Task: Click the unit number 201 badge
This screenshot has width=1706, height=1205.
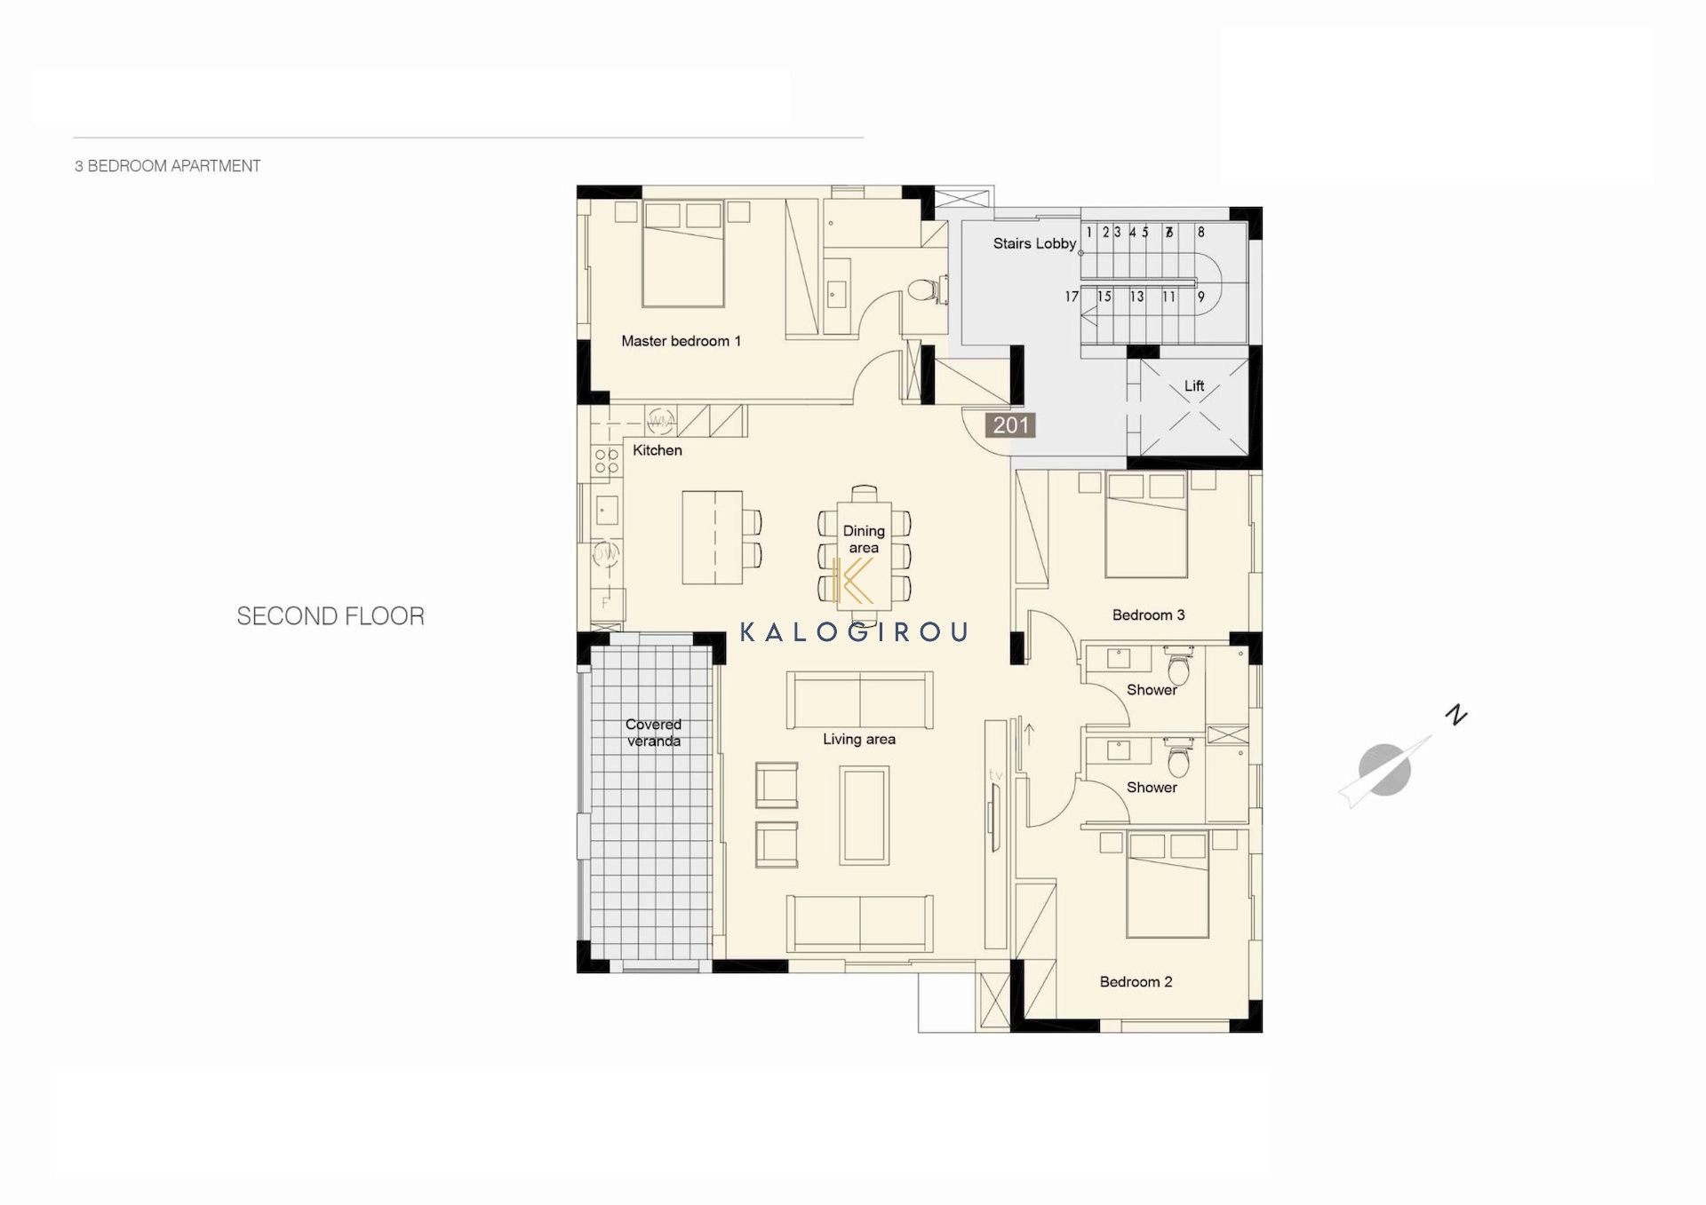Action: pyautogui.click(x=1010, y=425)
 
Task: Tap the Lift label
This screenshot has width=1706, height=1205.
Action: pyautogui.click(x=1194, y=386)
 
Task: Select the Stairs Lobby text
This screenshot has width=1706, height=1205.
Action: pyautogui.click(x=1034, y=243)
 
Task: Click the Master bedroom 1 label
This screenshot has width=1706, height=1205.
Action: pyautogui.click(x=681, y=341)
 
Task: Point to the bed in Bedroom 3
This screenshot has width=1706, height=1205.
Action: pyautogui.click(x=1146, y=525)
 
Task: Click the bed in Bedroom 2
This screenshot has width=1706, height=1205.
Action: pyautogui.click(x=1168, y=884)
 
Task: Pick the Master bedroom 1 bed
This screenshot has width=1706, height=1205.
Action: pyautogui.click(x=683, y=255)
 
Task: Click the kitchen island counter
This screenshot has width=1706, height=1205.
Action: pyautogui.click(x=712, y=537)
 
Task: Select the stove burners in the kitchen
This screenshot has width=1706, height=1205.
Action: pyautogui.click(x=607, y=461)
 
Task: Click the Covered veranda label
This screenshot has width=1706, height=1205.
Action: pyautogui.click(x=653, y=733)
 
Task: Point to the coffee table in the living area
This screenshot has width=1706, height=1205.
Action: pyautogui.click(x=865, y=815)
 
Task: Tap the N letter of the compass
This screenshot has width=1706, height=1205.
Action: pyautogui.click(x=1455, y=714)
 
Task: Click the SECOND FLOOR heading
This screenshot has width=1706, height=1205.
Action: pyautogui.click(x=331, y=616)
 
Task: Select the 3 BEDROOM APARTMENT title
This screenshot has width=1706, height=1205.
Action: pyautogui.click(x=168, y=166)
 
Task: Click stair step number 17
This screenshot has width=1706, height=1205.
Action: pyautogui.click(x=1072, y=297)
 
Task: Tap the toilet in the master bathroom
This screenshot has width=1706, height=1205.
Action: pyautogui.click(x=922, y=290)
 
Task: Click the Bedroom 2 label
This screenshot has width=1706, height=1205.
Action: pyautogui.click(x=1136, y=982)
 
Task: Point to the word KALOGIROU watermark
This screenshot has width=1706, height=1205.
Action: pyautogui.click(x=854, y=632)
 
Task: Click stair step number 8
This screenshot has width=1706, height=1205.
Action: pyautogui.click(x=1200, y=232)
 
